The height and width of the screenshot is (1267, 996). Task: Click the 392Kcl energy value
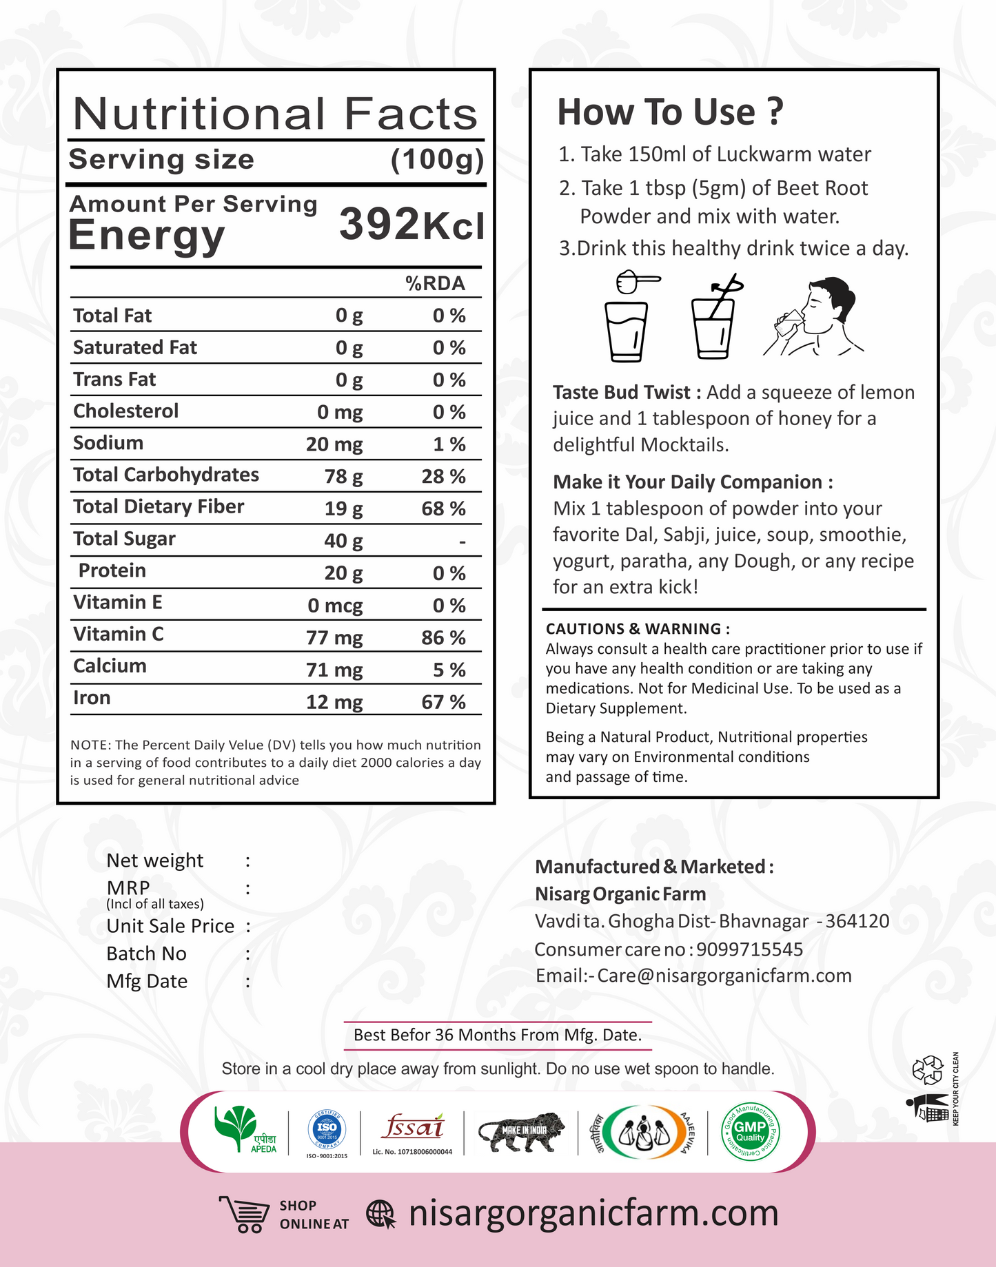pos(411,225)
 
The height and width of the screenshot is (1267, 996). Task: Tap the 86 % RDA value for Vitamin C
pos(443,637)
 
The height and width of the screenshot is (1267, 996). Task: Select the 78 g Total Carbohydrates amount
pos(343,476)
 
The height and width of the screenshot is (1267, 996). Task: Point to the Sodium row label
pos(108,443)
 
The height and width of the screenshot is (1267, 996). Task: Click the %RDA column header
pos(435,283)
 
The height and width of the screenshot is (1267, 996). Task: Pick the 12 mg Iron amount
pos(334,702)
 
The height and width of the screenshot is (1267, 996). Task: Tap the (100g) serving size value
pos(437,160)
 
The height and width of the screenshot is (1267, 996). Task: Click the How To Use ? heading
pos(670,112)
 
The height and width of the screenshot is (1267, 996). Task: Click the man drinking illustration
pos(815,317)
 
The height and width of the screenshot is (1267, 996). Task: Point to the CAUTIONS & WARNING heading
pos(638,628)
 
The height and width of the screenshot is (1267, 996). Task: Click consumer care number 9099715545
pos(749,949)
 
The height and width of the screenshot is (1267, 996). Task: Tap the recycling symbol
pos(927,1070)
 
